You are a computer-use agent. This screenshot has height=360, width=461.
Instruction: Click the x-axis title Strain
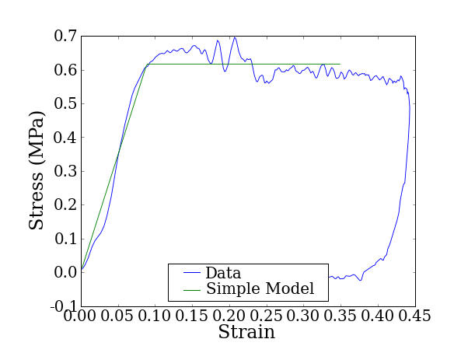tap(246, 333)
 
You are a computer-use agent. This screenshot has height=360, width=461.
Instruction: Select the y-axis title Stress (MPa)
tap(37, 170)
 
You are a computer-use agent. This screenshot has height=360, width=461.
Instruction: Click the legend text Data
tap(223, 273)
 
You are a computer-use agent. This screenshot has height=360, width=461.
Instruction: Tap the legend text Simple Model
tap(260, 289)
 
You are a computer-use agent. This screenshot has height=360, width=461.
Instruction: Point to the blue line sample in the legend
tap(192, 273)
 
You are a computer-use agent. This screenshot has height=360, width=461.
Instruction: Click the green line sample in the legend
tap(192, 289)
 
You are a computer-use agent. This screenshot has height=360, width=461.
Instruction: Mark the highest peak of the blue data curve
tap(234, 37)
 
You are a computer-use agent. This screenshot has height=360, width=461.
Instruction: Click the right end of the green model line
tap(340, 64)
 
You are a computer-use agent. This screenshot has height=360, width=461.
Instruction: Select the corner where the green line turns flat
tap(148, 64)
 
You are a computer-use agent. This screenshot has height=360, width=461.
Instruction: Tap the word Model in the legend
tap(289, 289)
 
